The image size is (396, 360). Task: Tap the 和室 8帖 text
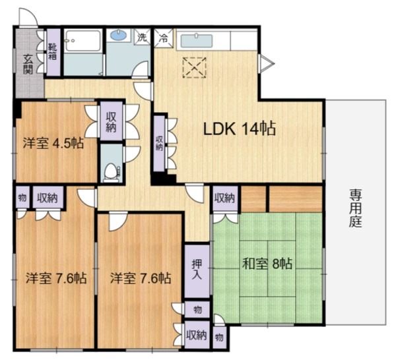click(x=267, y=264)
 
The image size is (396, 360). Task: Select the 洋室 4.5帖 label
click(x=54, y=143)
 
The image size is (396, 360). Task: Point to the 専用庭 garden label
click(x=356, y=208)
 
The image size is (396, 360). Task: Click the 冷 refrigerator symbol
click(x=162, y=38)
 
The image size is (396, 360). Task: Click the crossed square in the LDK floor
click(x=195, y=67)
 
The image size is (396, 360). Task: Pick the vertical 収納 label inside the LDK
click(x=160, y=143)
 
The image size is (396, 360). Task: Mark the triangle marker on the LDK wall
click(x=265, y=63)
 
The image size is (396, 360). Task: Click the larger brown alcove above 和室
click(x=295, y=198)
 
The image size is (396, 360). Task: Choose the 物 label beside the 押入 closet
click(x=197, y=309)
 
